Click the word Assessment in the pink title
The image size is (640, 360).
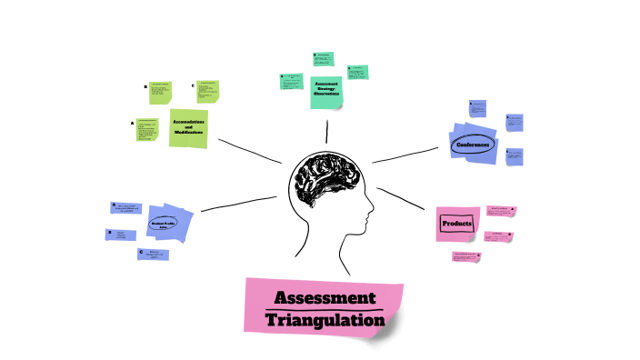tap(324, 299)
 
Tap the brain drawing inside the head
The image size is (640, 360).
tap(326, 178)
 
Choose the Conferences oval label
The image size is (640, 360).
tap(473, 145)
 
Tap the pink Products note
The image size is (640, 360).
tap(455, 224)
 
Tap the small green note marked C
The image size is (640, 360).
tap(207, 91)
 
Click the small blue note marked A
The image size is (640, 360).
tap(128, 209)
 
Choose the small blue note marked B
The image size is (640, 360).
tap(123, 235)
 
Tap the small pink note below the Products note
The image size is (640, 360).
tap(466, 257)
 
